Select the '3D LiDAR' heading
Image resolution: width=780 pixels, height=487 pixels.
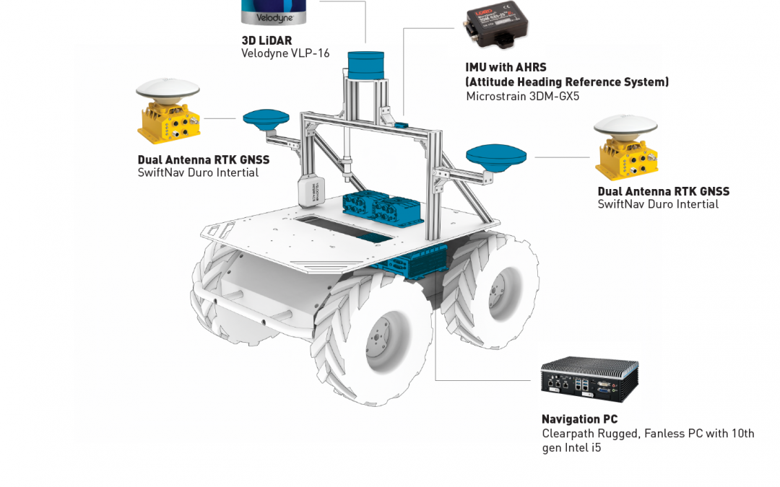266,40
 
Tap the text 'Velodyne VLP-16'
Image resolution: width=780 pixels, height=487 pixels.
285,53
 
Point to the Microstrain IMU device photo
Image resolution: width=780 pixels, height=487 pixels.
496,28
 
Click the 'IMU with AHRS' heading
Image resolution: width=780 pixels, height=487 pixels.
506,68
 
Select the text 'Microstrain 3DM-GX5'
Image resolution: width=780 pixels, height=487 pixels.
522,96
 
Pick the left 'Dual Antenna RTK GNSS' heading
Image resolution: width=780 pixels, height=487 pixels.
203,159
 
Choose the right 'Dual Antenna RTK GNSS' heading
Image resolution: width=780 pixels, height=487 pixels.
663,191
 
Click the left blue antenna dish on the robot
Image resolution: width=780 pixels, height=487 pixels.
266,118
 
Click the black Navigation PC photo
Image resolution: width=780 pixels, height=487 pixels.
589,381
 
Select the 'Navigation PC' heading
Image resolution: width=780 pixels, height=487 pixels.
579,419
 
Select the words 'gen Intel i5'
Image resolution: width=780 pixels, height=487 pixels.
571,448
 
